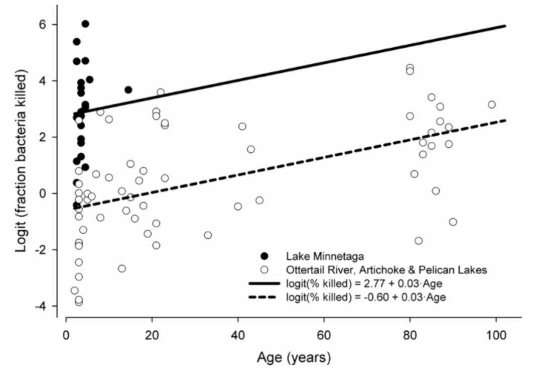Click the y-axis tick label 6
(x=43, y=25)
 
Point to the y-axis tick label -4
(x=41, y=306)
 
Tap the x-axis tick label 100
(x=496, y=335)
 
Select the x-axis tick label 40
(x=238, y=335)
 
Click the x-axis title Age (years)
(x=294, y=357)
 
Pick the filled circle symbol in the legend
(x=264, y=256)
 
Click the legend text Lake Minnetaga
(x=325, y=256)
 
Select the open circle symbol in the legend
(x=264, y=269)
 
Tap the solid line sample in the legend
(x=264, y=283)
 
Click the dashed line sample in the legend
(x=262, y=297)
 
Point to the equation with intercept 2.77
(x=364, y=284)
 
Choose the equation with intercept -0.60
(x=366, y=297)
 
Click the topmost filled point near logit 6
(x=85, y=24)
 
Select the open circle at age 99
(x=491, y=105)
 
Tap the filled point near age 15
(x=128, y=90)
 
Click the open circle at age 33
(x=208, y=235)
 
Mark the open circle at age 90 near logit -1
(x=453, y=222)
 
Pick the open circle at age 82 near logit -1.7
(x=419, y=241)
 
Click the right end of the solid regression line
(x=505, y=26)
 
